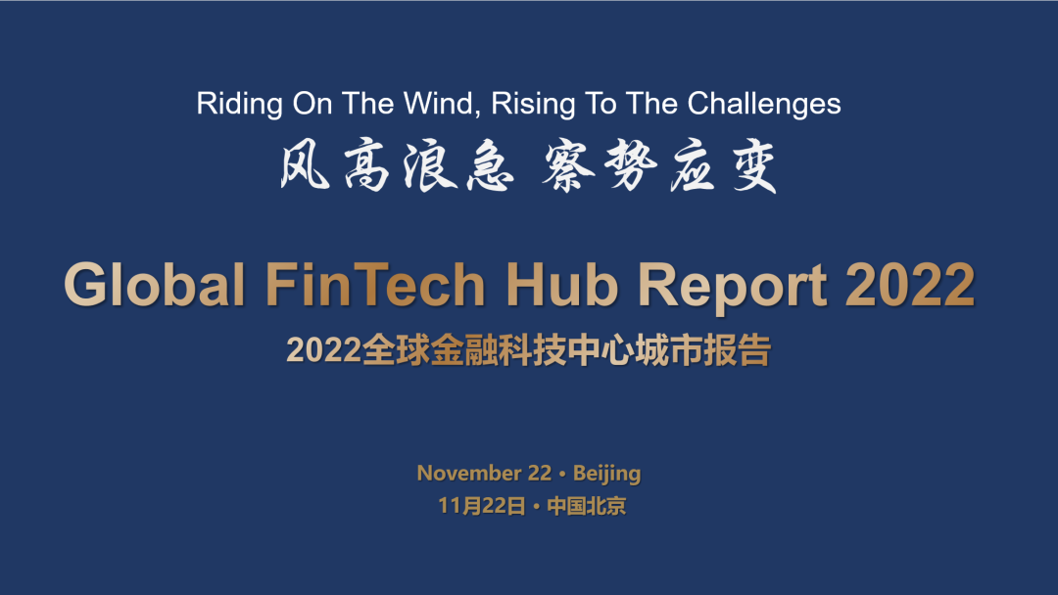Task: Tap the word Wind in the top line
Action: coord(439,104)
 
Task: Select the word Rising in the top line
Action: coord(531,104)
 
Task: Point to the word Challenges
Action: coord(764,104)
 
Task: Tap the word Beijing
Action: coord(606,474)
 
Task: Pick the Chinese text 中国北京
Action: coord(586,507)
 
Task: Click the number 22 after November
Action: coord(540,474)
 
